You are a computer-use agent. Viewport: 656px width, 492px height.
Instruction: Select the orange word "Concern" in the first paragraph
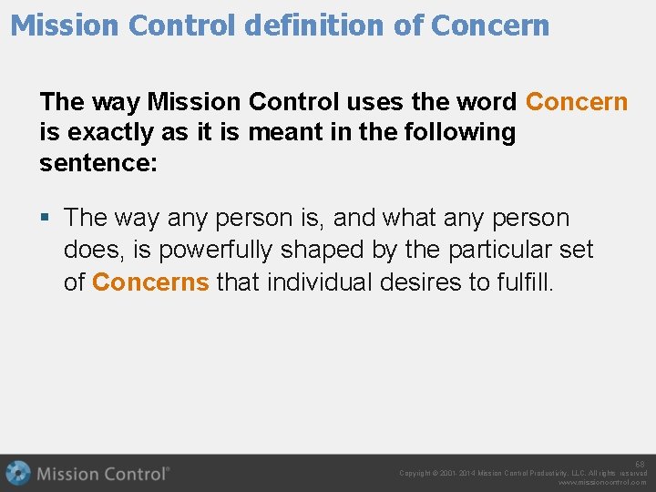pos(577,101)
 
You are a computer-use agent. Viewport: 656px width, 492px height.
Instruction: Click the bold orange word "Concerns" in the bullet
pos(151,282)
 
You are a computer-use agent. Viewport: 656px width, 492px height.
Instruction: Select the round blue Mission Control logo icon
pos(17,474)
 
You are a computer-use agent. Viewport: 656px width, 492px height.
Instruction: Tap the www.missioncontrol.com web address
pos(602,483)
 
